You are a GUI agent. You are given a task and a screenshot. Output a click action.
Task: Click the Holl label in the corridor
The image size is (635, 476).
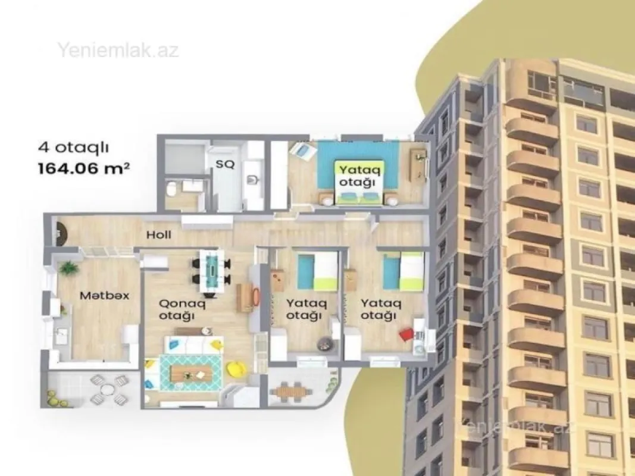tap(159, 235)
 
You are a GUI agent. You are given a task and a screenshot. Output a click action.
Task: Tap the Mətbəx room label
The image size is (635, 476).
tap(97, 295)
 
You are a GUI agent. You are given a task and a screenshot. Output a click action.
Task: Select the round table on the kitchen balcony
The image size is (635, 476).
tap(107, 390)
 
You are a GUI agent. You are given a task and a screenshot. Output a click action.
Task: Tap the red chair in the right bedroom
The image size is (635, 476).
tap(406, 334)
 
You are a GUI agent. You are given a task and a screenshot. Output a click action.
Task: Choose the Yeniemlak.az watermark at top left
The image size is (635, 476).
tap(118, 50)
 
